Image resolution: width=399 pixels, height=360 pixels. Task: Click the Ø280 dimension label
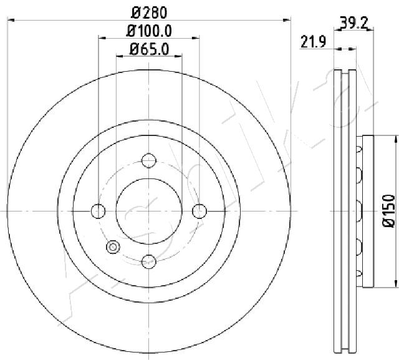(x=149, y=11)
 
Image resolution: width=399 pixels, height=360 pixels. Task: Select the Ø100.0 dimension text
(x=149, y=30)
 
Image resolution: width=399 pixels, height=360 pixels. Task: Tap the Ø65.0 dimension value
(x=149, y=49)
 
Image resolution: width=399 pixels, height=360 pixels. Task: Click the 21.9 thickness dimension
(x=314, y=42)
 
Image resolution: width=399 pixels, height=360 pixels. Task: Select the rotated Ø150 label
(x=388, y=210)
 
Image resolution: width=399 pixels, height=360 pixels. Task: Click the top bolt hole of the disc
(x=148, y=161)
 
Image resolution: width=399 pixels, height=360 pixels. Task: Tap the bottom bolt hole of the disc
(x=148, y=261)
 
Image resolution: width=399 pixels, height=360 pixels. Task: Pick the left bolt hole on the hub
(x=99, y=212)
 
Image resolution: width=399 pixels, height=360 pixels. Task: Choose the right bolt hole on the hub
(x=199, y=212)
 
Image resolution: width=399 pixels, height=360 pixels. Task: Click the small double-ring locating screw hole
(x=113, y=247)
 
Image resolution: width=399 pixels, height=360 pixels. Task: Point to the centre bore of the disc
(x=148, y=212)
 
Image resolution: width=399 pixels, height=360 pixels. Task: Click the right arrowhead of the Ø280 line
(x=288, y=20)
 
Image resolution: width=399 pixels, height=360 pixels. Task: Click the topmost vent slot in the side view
(x=358, y=148)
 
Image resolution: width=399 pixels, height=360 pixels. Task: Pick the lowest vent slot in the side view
(x=358, y=273)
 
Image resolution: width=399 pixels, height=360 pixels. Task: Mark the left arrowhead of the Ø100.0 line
(x=101, y=39)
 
